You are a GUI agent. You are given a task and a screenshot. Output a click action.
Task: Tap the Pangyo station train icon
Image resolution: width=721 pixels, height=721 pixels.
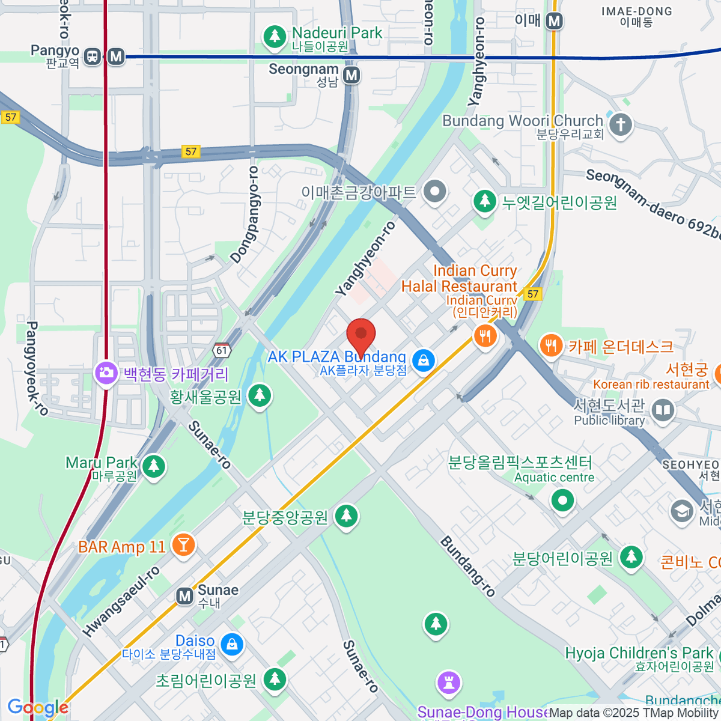(x=92, y=57)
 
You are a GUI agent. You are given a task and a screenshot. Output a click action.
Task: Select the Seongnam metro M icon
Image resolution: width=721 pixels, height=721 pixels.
(x=351, y=75)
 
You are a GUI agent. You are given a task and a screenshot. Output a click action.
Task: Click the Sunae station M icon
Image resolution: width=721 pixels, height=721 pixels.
(x=184, y=596)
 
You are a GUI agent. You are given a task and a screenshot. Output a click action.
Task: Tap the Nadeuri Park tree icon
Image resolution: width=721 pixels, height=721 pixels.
(x=275, y=36)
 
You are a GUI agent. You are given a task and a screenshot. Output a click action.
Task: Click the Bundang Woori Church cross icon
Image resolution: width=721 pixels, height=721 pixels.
(x=621, y=126)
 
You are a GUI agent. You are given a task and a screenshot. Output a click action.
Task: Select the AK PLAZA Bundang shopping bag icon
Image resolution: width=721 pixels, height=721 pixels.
(x=424, y=360)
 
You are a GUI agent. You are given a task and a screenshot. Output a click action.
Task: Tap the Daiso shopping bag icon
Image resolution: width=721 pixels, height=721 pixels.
(x=232, y=645)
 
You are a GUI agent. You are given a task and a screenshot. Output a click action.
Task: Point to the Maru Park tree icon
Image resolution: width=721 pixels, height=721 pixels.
(x=154, y=466)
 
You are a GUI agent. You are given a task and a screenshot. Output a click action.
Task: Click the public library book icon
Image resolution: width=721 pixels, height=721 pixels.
(x=663, y=411)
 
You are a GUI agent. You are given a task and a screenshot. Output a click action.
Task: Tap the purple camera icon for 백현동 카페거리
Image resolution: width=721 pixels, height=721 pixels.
(x=106, y=373)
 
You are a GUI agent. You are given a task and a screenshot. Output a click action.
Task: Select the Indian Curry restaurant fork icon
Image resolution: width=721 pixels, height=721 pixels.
(x=485, y=335)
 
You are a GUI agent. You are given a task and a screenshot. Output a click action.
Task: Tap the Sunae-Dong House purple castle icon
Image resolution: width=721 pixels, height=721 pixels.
(x=448, y=683)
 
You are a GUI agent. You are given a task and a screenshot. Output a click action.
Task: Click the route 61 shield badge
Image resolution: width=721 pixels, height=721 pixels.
(x=222, y=350)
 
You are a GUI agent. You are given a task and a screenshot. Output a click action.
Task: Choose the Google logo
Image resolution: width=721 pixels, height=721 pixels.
(x=38, y=708)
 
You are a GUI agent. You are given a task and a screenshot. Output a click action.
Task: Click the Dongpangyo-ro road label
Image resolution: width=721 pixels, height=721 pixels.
(x=245, y=214)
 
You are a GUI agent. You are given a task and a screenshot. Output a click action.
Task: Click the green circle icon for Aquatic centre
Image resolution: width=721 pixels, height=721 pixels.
(x=563, y=500)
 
